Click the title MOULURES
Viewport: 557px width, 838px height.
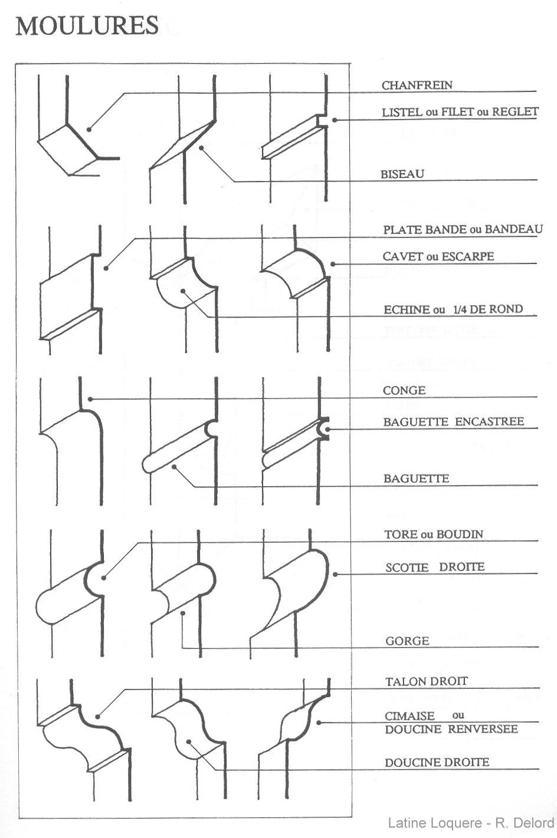[87, 26]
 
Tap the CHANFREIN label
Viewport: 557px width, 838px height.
[417, 85]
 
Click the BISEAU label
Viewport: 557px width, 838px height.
[402, 174]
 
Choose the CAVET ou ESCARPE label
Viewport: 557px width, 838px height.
[438, 256]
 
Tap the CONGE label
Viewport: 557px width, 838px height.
[404, 390]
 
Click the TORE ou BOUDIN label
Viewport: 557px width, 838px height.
[434, 535]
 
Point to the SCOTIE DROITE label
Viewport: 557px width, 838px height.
[435, 567]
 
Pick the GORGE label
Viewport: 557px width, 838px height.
[407, 641]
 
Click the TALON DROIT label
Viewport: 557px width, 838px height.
[427, 681]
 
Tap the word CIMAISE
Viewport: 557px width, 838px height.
[410, 715]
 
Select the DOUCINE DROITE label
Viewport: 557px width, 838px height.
[437, 762]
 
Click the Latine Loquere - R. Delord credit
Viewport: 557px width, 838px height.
[471, 823]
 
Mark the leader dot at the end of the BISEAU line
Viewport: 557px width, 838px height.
[201, 148]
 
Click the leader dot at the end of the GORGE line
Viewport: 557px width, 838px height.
[183, 613]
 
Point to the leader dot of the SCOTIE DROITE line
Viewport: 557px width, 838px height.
[335, 574]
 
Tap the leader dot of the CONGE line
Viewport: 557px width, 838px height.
[90, 399]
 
